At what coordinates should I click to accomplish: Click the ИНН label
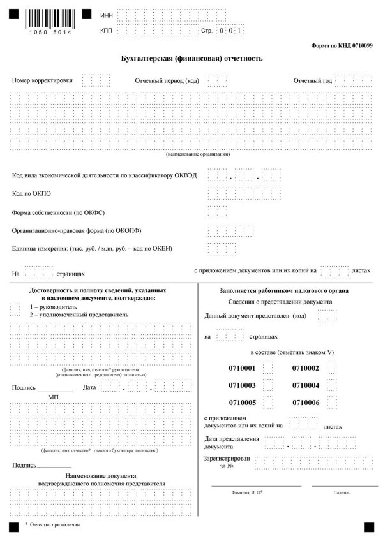point(107,14)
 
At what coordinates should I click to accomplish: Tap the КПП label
point(107,30)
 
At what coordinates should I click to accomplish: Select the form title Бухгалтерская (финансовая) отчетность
point(191,58)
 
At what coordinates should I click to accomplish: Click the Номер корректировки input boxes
point(96,81)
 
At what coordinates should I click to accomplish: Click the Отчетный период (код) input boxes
point(217,81)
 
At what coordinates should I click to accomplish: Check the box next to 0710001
point(268,368)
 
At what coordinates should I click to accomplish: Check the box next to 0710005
point(268,403)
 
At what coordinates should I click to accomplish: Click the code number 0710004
point(305,385)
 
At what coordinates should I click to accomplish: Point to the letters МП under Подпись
point(54,397)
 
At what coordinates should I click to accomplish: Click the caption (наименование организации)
point(198,154)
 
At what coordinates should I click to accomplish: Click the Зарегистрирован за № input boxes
point(313,463)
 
